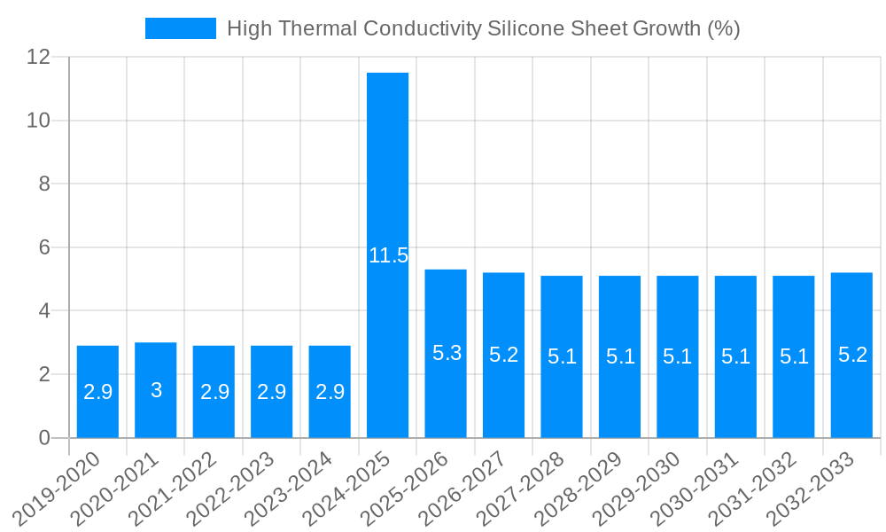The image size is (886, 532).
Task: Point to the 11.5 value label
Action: tap(388, 256)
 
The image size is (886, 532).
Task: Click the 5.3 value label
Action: tap(447, 353)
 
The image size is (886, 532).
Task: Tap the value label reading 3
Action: tap(156, 390)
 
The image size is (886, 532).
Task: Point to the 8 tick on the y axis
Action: tap(44, 184)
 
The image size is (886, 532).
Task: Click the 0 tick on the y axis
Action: tap(44, 438)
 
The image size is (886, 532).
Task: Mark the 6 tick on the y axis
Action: tap(44, 247)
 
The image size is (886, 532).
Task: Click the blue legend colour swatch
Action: tap(181, 28)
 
